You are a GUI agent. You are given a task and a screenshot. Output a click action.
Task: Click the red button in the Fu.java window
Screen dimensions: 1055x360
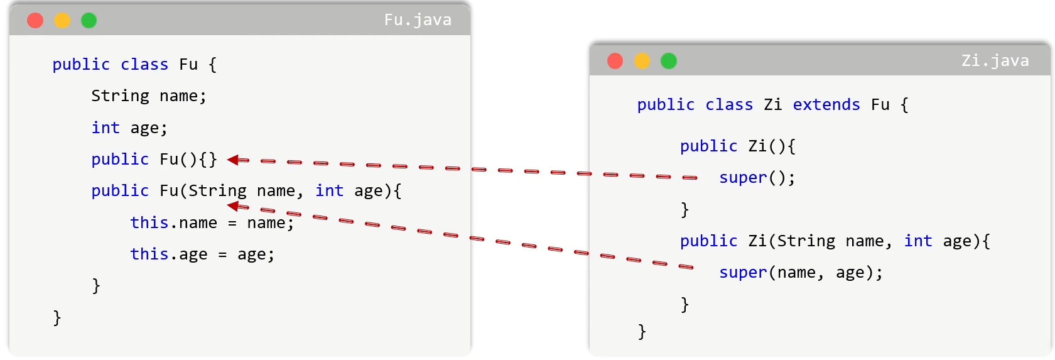(x=35, y=21)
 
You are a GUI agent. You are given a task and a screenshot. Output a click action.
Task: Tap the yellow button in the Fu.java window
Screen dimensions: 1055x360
(x=62, y=21)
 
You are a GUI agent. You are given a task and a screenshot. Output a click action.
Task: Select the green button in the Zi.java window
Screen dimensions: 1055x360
(x=669, y=62)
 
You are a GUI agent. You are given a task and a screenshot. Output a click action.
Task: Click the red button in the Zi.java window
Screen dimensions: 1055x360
(x=615, y=62)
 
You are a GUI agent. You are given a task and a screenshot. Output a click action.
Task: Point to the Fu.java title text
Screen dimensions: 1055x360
(x=418, y=20)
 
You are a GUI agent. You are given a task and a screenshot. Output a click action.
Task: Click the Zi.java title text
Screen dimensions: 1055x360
(x=995, y=61)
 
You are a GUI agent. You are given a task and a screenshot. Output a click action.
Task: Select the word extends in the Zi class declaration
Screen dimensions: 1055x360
(x=826, y=104)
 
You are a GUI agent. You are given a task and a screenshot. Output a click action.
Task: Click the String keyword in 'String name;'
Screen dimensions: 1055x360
(x=120, y=96)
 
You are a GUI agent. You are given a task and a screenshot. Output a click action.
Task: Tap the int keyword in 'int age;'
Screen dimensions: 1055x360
(x=105, y=128)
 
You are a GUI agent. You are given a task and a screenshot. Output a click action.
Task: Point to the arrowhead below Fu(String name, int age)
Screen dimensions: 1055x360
(x=238, y=206)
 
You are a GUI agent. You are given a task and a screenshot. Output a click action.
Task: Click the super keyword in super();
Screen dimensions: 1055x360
(x=744, y=178)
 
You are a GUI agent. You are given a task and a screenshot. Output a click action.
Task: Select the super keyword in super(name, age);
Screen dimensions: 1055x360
(x=744, y=273)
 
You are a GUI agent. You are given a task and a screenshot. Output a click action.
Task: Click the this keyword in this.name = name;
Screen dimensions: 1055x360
(x=149, y=222)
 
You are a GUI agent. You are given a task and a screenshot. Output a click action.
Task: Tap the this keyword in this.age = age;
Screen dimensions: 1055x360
(x=149, y=254)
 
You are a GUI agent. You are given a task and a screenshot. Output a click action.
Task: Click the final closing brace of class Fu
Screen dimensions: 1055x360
(x=57, y=318)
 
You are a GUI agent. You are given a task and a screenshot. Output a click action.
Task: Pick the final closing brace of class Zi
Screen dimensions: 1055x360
(x=642, y=332)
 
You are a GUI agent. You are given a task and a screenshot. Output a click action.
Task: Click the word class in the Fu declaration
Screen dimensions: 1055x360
(x=144, y=65)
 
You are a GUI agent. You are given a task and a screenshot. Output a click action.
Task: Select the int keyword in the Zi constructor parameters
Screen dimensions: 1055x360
(x=918, y=241)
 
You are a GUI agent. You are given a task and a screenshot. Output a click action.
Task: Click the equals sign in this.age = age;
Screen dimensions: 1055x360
(x=222, y=255)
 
